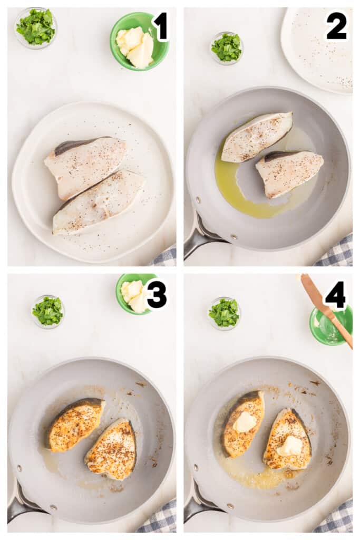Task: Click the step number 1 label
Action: pos(160,26)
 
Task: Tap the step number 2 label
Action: pos(336,26)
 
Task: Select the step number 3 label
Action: pos(157,295)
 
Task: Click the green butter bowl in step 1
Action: pos(139,41)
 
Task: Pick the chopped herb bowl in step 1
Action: pos(35,27)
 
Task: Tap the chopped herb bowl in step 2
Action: pos(226,48)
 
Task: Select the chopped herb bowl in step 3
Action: pos(48,311)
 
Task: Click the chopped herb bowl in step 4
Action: pos(224,313)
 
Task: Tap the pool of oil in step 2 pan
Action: pos(237,195)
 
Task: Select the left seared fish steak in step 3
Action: pos(75,424)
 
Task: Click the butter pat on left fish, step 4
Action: pos(245,422)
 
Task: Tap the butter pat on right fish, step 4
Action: pos(290,446)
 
